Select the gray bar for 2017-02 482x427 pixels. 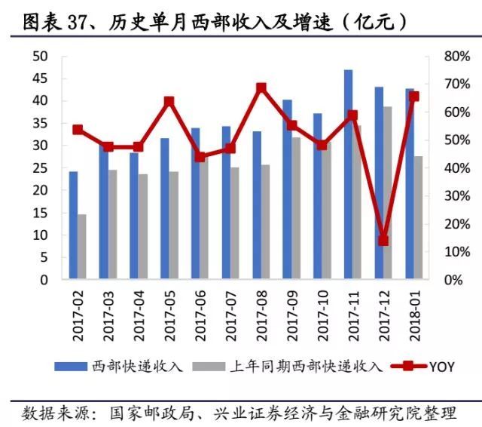[82, 247]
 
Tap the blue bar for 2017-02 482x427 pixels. [73, 225]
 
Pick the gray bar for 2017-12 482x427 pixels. [387, 192]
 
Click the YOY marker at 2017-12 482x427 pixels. [383, 241]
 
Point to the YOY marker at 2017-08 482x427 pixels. [261, 88]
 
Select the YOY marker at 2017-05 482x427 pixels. [169, 101]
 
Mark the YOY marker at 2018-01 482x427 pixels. [413, 96]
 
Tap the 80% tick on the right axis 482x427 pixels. [437, 57]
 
